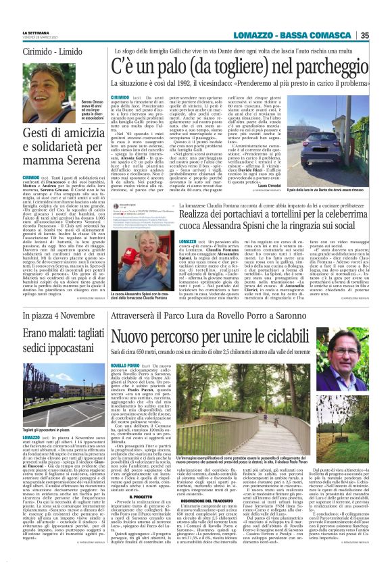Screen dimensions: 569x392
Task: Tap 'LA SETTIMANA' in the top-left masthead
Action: (x=36, y=32)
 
